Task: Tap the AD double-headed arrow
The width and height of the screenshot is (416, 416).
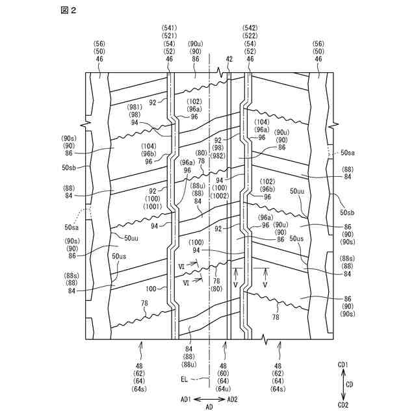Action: (209, 398)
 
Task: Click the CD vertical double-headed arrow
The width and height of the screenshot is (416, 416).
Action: (342, 385)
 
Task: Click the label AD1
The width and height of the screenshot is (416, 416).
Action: (186, 398)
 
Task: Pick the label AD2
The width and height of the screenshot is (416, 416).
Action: (232, 398)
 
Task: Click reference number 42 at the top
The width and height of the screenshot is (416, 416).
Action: (229, 59)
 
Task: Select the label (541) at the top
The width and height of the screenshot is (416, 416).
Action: (170, 28)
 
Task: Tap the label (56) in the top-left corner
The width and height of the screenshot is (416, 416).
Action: (99, 44)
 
